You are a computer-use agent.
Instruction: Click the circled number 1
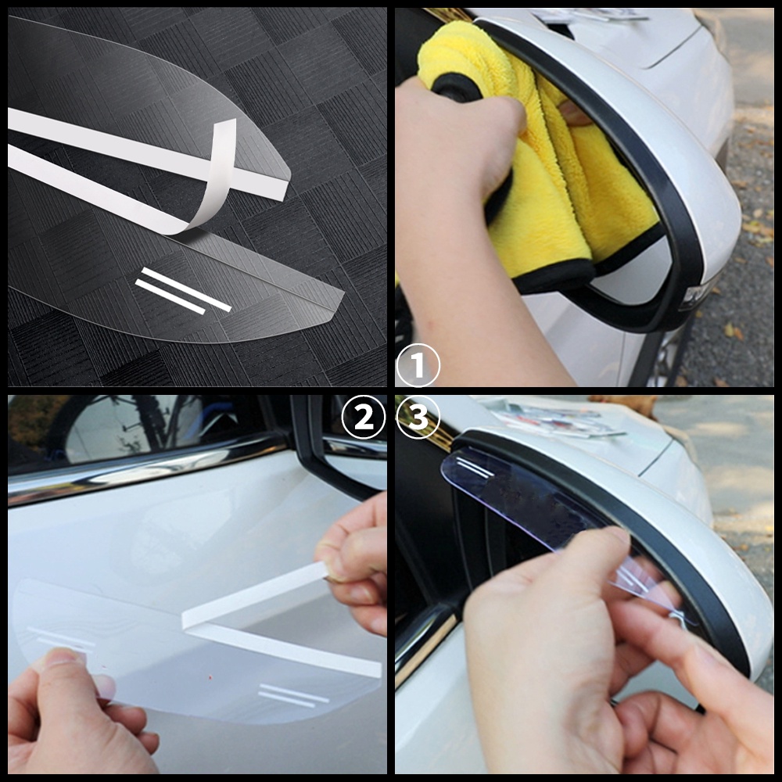[418, 365]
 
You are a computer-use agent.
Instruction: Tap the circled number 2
[364, 417]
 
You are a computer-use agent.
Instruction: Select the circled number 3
[418, 417]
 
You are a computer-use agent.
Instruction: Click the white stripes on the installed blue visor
[475, 468]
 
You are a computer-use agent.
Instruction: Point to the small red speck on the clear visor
[210, 677]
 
